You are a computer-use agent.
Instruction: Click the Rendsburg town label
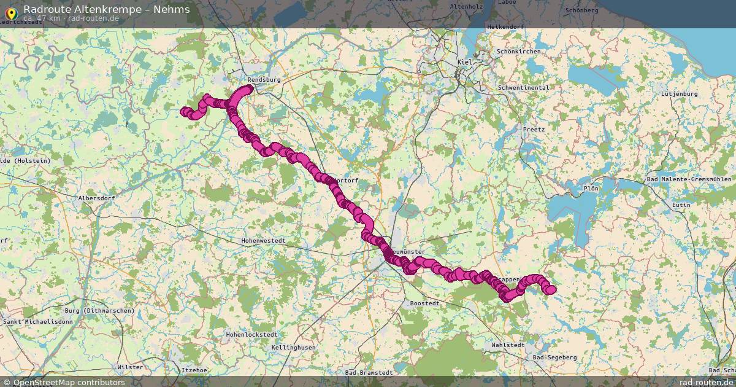pos(264,80)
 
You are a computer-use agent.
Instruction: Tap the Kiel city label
pos(465,63)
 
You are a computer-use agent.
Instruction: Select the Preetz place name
pos(529,130)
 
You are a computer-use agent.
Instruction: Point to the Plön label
pos(591,189)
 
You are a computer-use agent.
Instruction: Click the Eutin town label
pos(681,205)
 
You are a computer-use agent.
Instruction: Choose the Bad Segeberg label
pos(555,357)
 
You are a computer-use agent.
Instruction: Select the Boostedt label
pos(424,303)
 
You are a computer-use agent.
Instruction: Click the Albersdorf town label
pos(97,198)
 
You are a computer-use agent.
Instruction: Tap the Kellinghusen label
pos(294,348)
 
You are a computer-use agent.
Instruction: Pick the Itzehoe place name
pos(194,370)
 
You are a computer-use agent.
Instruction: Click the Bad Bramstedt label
pos(369,372)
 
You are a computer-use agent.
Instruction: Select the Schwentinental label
pos(524,88)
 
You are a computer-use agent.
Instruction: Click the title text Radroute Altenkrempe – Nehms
pos(107,9)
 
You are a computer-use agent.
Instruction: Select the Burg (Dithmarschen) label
pos(99,311)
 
